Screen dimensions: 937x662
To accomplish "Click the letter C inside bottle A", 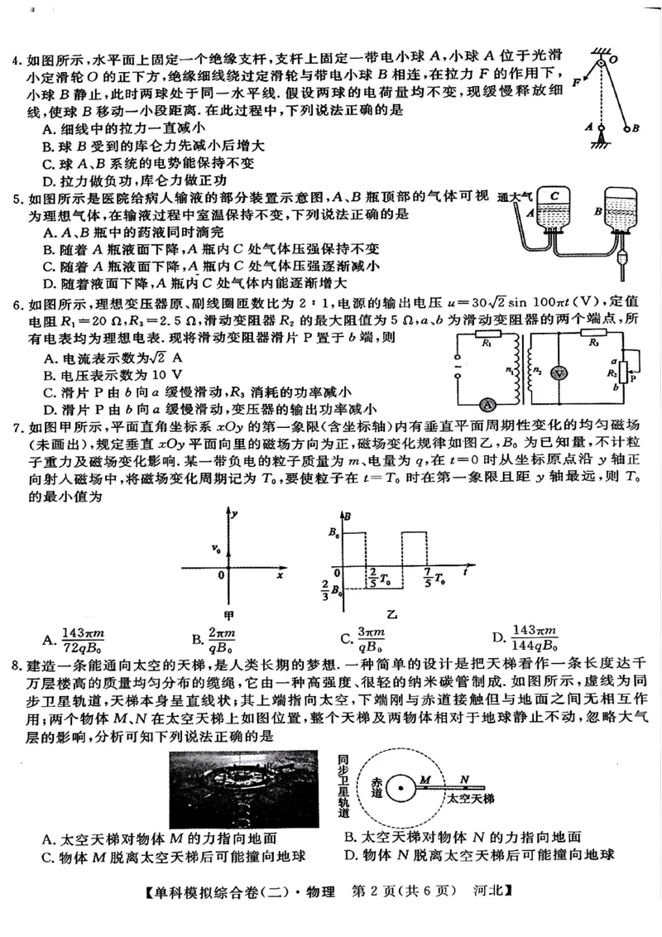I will (555, 195).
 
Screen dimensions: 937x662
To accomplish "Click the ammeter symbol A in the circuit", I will (488, 404).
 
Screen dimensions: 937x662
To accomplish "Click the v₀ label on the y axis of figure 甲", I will (216, 548).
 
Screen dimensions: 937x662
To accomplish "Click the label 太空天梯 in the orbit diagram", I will (469, 799).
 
